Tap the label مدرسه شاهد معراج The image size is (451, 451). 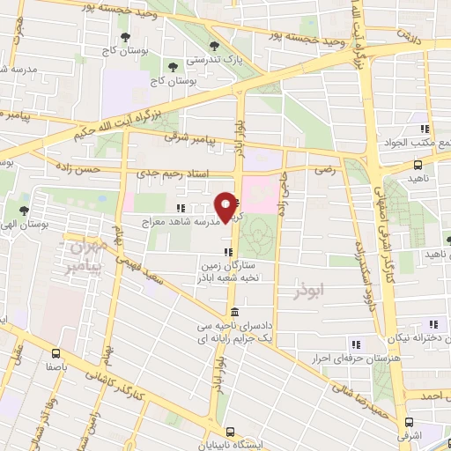(x=180, y=224)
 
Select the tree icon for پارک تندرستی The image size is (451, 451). (x=211, y=46)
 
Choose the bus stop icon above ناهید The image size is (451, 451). (x=418, y=164)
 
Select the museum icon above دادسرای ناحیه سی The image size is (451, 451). (x=234, y=313)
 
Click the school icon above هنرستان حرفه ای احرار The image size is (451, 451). (x=356, y=344)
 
